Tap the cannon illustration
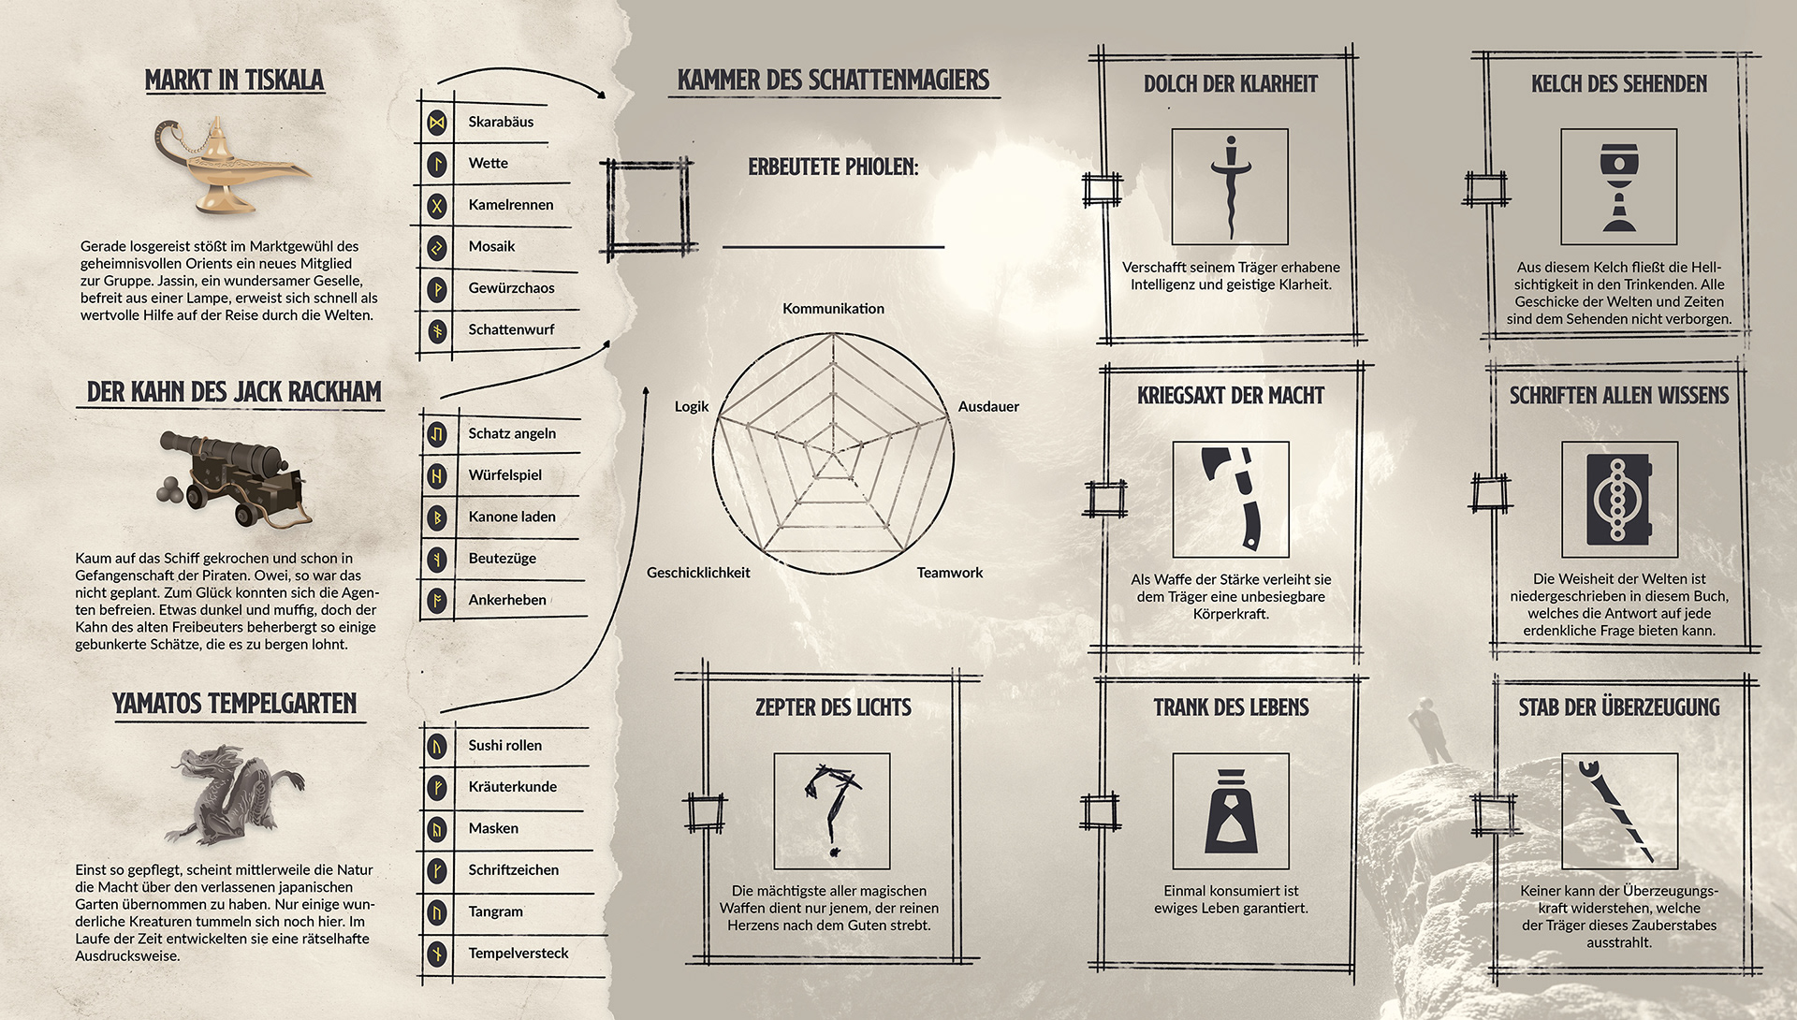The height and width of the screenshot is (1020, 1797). click(x=232, y=477)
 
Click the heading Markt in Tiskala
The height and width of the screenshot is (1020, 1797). click(x=234, y=80)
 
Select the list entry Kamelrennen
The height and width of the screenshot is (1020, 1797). click(x=510, y=205)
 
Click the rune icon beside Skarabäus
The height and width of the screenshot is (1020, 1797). click(x=436, y=123)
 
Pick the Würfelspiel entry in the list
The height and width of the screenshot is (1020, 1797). click(x=504, y=475)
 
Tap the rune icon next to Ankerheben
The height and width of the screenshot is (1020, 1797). click(x=436, y=600)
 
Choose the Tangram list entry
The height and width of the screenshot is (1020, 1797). click(x=495, y=911)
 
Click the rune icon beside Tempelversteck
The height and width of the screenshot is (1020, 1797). click(x=436, y=954)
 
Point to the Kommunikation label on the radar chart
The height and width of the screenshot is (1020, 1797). click(x=833, y=309)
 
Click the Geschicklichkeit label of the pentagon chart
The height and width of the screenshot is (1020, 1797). click(x=698, y=573)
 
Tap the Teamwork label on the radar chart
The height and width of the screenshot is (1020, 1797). click(x=949, y=573)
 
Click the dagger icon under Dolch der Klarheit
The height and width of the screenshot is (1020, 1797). click(x=1230, y=187)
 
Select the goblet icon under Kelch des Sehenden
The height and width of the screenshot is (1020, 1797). click(x=1618, y=187)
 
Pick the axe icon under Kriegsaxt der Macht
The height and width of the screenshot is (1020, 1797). click(x=1230, y=500)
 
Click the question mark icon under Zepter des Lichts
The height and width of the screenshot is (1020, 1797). click(x=831, y=811)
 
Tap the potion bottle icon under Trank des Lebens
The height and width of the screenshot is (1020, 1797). click(x=1230, y=811)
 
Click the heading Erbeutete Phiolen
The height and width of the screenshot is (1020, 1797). click(x=833, y=168)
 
